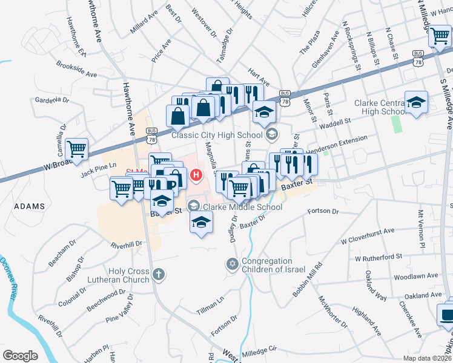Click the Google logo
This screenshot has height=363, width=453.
[21, 356]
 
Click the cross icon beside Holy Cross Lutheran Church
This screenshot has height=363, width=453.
[158, 275]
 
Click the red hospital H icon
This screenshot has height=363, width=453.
[196, 175]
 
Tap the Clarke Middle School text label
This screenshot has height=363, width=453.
[242, 207]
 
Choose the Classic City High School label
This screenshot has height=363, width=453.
[216, 134]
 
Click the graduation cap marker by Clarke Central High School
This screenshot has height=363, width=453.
[416, 103]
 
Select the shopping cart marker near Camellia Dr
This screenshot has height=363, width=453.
[77, 149]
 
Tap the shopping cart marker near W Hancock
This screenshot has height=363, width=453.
[440, 36]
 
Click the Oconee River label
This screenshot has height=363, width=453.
[8, 276]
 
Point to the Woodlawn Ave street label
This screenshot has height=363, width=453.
[415, 276]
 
